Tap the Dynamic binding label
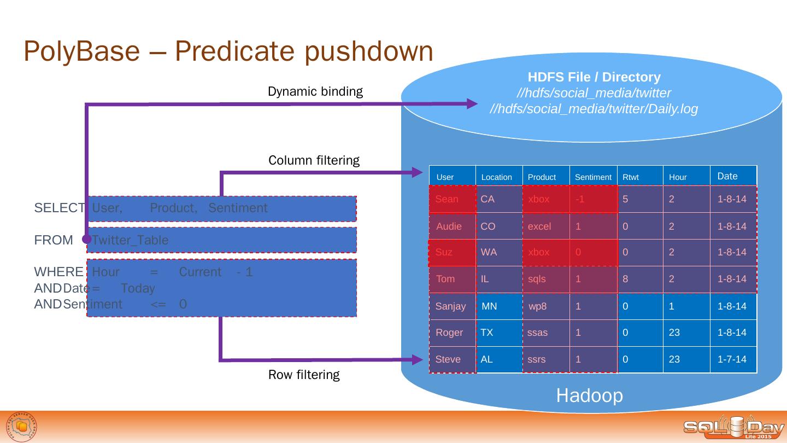coord(315,91)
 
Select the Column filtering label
coord(314,160)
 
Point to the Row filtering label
coord(303,375)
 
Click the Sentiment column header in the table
coord(593,177)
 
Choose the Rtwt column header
coord(630,177)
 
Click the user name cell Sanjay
coord(450,306)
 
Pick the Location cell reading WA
coord(489,252)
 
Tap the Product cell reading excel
coord(539,226)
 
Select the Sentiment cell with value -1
coord(580,199)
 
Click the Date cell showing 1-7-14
coord(731,359)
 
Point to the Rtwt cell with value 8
coord(625,279)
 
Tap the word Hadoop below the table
coord(589,395)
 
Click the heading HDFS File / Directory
coord(594,77)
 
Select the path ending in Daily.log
coord(594,109)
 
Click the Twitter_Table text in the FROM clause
coord(130,240)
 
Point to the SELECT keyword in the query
coord(60,208)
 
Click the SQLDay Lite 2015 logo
coord(733,428)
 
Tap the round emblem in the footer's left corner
coord(22,427)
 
